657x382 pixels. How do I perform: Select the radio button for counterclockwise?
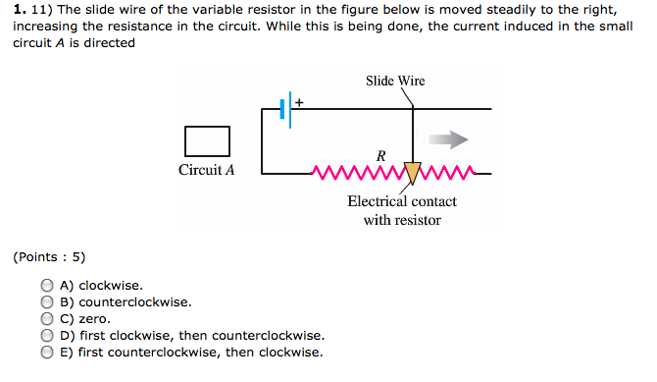pyautogui.click(x=47, y=302)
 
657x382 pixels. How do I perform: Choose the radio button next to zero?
pyautogui.click(x=47, y=318)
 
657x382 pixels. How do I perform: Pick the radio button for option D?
pyautogui.click(x=47, y=335)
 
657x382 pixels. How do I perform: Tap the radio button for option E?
pyautogui.click(x=47, y=352)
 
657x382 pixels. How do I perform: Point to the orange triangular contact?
pyautogui.click(x=412, y=173)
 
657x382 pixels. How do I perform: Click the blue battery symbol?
pyautogui.click(x=285, y=109)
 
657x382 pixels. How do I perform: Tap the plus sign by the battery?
pyautogui.click(x=299, y=101)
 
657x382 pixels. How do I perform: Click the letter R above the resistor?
pyautogui.click(x=380, y=155)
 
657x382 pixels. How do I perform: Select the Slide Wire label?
pyautogui.click(x=395, y=81)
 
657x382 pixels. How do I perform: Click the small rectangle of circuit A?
pyautogui.click(x=207, y=140)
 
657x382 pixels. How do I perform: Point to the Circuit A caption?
pyautogui.click(x=207, y=170)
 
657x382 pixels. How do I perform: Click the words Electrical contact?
pyautogui.click(x=402, y=201)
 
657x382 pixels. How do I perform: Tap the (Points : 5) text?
pyautogui.click(x=49, y=257)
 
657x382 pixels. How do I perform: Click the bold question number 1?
pyautogui.click(x=19, y=10)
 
